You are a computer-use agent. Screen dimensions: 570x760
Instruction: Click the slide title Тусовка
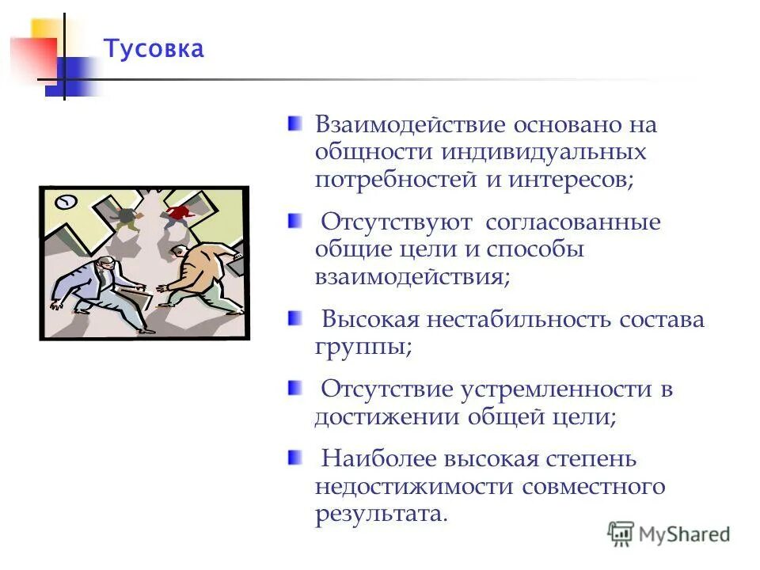pos(154,49)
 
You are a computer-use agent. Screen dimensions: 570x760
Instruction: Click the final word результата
pos(381,513)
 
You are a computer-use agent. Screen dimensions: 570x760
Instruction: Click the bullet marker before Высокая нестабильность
pos(294,317)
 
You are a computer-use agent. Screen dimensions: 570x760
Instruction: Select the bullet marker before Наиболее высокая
pos(294,457)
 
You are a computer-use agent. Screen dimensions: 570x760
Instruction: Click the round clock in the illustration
pos(66,201)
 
